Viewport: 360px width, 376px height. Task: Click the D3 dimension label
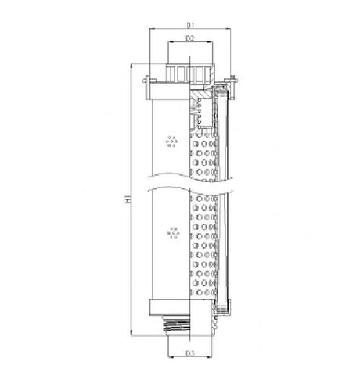coord(189,353)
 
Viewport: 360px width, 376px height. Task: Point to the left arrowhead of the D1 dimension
coord(151,30)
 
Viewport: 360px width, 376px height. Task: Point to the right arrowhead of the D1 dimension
coord(229,30)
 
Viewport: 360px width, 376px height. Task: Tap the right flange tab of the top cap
coord(232,78)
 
